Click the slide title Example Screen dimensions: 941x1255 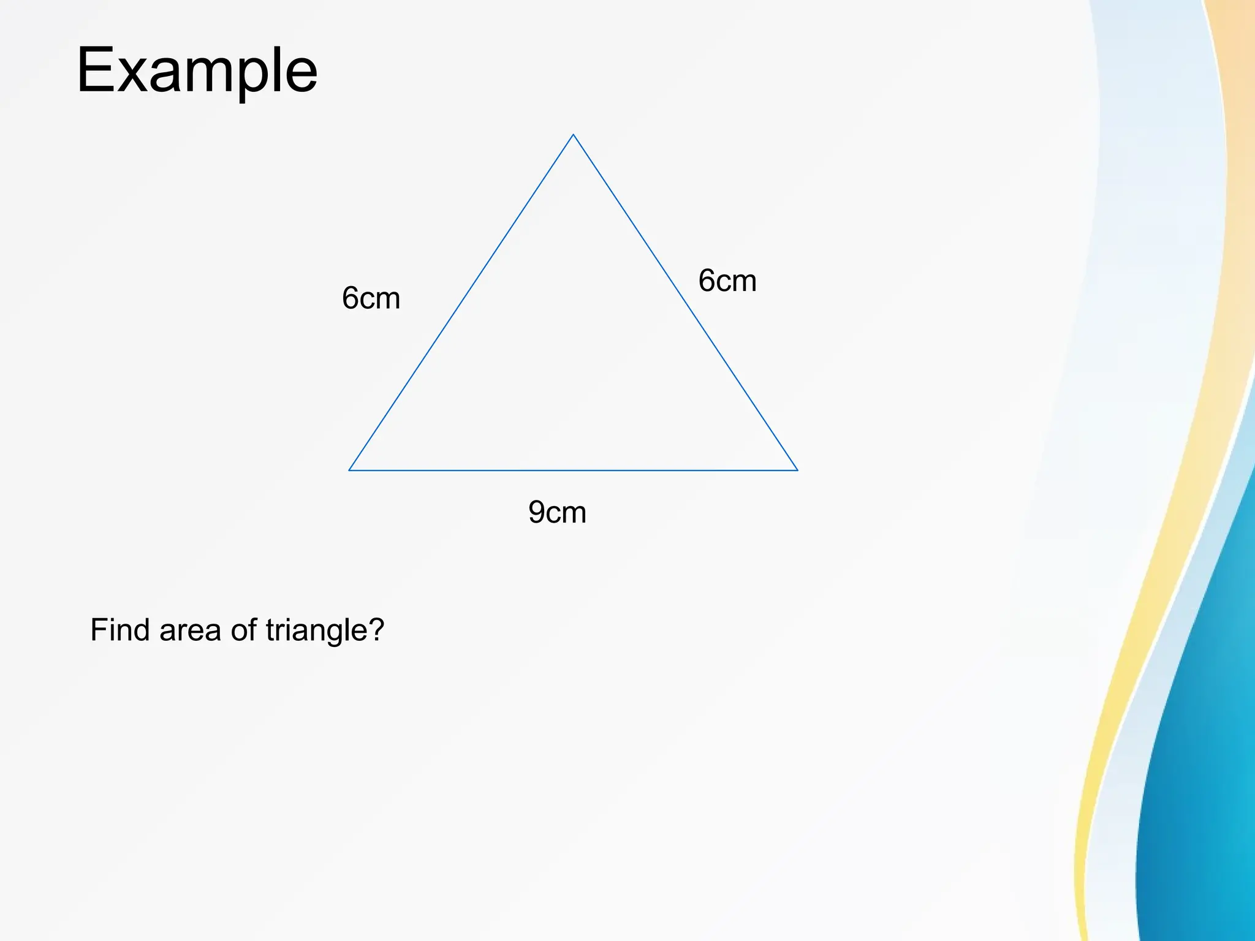click(197, 70)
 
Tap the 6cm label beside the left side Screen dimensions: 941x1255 click(371, 298)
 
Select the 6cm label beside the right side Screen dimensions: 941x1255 click(727, 281)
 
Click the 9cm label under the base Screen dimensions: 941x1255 click(557, 512)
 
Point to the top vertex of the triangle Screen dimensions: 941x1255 click(573, 135)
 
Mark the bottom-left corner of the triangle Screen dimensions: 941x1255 click(349, 470)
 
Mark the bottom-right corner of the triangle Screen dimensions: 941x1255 click(797, 470)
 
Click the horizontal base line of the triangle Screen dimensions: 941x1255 click(573, 470)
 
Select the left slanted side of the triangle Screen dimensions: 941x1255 click(461, 303)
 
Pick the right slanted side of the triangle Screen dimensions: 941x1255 click(685, 303)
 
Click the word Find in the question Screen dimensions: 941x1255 click(119, 630)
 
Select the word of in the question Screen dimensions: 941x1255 click(243, 630)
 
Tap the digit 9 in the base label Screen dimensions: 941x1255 click(537, 512)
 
